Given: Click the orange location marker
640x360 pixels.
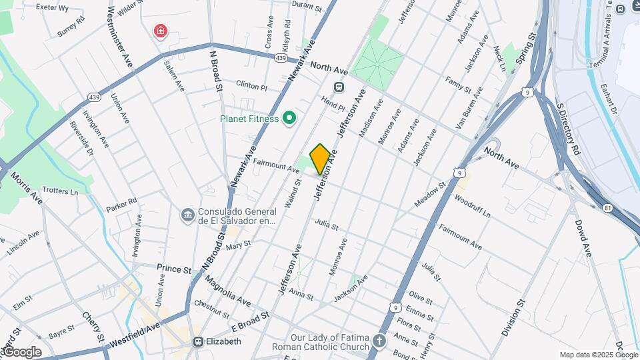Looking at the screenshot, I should coord(320,159).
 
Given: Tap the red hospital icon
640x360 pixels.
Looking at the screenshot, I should coord(160,31).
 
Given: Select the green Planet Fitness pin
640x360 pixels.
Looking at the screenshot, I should coord(289,119).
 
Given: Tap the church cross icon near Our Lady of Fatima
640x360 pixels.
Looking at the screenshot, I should coord(379,342).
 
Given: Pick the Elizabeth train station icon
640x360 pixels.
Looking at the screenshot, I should coord(198,341).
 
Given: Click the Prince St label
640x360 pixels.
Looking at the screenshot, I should coord(174,269).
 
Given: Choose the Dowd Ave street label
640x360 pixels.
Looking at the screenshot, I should coord(583,238).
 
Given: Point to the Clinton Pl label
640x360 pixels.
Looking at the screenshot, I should coord(251,86).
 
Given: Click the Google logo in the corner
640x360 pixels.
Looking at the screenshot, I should coord(21,351).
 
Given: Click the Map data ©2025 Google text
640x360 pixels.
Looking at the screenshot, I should coord(598,355).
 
